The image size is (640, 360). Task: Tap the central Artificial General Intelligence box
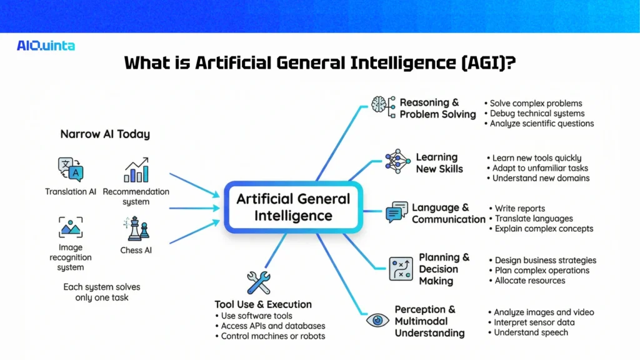pos(293,207)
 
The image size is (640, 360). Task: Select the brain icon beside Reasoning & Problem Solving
pos(381,106)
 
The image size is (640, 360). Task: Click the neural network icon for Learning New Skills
pos(397,162)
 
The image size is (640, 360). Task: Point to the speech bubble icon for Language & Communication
pos(397,212)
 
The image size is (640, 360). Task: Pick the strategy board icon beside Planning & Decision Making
pos(401,269)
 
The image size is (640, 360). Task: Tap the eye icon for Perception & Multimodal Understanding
pos(377,320)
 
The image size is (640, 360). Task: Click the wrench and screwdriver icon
pos(258,282)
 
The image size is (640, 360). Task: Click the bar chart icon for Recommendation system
pos(136,170)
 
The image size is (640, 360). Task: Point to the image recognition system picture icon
pos(71,227)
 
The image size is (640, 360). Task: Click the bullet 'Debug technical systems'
pos(537,113)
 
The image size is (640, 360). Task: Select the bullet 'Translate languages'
pos(534,219)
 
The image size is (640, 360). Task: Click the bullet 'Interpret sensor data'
pos(534,322)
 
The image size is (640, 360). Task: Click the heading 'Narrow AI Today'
pos(105,134)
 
